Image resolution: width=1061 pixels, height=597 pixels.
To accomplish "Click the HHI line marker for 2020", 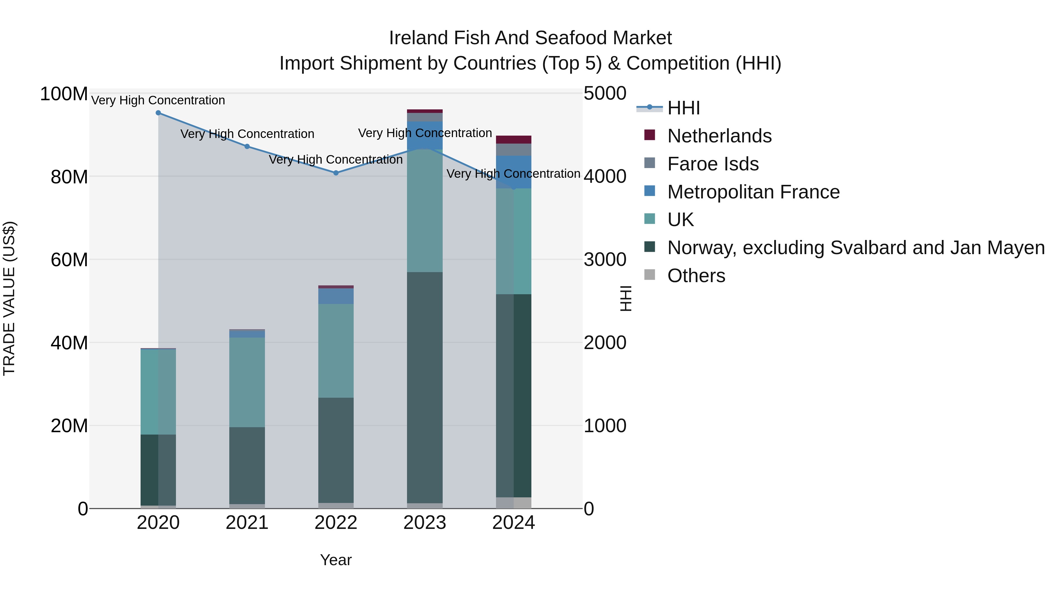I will (158, 113).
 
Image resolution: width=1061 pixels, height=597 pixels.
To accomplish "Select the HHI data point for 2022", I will (336, 173).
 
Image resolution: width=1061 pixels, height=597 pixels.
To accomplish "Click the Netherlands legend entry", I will (719, 136).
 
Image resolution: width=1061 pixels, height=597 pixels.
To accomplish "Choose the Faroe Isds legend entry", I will (713, 164).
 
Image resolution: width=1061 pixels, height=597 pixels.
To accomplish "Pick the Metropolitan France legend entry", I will (753, 192).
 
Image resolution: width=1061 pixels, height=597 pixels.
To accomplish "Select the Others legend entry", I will (696, 276).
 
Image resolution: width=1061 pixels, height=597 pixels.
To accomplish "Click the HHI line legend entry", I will (684, 108).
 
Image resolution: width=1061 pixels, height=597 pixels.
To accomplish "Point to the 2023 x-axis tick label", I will (425, 523).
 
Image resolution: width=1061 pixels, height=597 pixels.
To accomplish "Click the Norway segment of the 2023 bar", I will (425, 387).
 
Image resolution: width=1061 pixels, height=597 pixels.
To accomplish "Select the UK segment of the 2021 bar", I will (247, 382).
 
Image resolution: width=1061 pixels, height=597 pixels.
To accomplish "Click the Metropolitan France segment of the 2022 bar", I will (336, 296).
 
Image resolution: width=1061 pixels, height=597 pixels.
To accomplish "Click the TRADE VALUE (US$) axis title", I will (9, 298).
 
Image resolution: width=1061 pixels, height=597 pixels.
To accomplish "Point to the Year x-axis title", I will (336, 560).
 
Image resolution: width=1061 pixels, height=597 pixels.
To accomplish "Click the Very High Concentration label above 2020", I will (158, 100).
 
